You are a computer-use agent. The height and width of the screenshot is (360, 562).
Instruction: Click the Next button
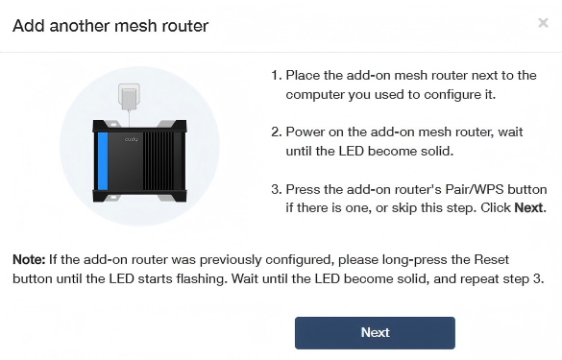(375, 333)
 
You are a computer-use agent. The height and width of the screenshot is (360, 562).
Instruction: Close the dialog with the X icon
(543, 23)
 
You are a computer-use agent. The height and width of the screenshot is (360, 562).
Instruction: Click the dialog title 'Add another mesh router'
(110, 26)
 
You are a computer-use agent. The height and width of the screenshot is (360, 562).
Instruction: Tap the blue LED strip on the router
(103, 161)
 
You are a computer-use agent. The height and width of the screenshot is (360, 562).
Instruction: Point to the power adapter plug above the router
(129, 97)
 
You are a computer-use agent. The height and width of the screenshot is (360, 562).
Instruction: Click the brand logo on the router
(131, 139)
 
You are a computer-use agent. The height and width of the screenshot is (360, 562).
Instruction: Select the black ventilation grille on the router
(159, 161)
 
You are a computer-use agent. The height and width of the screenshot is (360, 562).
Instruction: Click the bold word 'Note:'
(29, 259)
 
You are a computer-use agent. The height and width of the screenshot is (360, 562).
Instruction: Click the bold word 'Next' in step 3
(528, 207)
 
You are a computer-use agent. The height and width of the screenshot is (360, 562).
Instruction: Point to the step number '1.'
(277, 76)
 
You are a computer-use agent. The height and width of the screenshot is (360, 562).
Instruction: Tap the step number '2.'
(277, 132)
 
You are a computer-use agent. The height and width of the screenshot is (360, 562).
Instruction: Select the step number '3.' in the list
(277, 189)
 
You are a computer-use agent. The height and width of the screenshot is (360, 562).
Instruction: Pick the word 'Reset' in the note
(492, 259)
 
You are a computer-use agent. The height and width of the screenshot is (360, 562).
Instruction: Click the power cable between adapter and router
(129, 118)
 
